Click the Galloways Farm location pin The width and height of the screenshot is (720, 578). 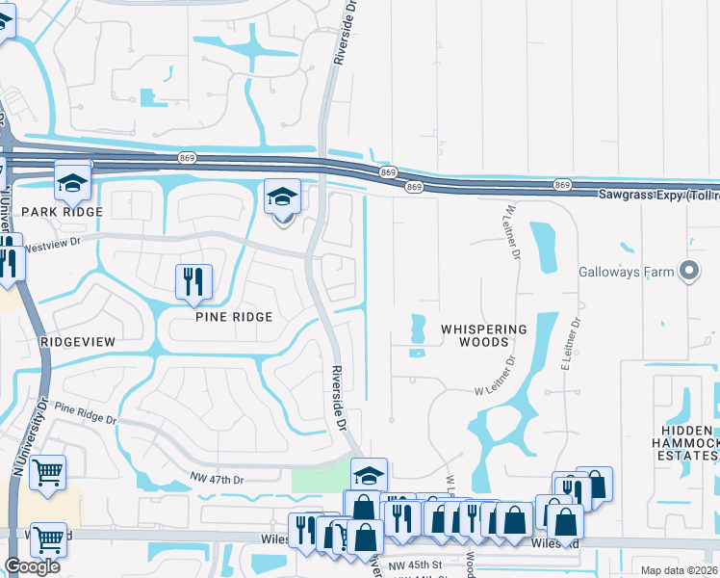(x=688, y=273)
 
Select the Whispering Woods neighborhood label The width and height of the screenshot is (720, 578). (x=484, y=335)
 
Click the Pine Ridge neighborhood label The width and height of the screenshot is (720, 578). (x=234, y=316)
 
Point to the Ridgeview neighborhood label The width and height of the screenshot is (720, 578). (x=78, y=341)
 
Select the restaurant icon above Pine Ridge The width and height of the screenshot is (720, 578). (x=193, y=281)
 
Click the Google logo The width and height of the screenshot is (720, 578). (x=32, y=566)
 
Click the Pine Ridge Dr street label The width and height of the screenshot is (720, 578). (x=86, y=413)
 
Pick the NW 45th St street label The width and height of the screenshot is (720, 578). (x=413, y=565)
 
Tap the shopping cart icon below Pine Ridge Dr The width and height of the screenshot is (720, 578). (x=47, y=472)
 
